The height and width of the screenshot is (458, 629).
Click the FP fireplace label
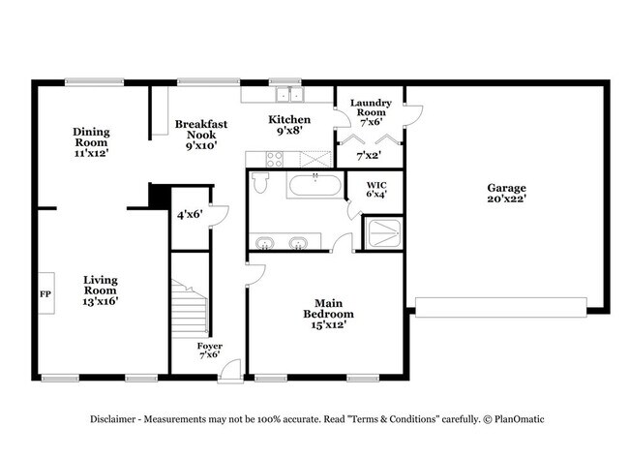click(x=45, y=294)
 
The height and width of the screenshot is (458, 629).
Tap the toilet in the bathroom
click(x=261, y=182)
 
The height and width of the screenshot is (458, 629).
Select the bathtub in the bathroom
click(x=314, y=185)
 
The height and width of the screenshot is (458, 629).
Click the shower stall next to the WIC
click(x=384, y=233)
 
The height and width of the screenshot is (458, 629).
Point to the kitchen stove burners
click(x=275, y=159)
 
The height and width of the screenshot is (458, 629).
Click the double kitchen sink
click(x=289, y=95)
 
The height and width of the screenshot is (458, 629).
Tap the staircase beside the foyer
click(x=190, y=308)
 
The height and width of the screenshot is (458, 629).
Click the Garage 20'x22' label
click(x=506, y=193)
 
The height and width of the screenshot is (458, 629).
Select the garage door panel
click(x=501, y=308)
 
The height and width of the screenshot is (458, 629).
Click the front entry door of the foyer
click(x=231, y=371)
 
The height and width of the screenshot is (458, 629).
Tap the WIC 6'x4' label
click(x=376, y=190)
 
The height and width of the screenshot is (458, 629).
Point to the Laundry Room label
click(x=371, y=107)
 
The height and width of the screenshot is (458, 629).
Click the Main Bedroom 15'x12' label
click(x=329, y=314)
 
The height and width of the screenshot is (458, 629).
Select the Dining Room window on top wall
click(x=94, y=82)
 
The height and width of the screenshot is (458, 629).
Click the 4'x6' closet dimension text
click(x=190, y=215)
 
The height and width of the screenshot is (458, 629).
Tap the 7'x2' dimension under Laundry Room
click(x=369, y=155)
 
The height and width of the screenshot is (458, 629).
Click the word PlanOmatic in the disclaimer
click(x=519, y=419)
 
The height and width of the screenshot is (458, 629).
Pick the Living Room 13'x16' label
click(x=101, y=290)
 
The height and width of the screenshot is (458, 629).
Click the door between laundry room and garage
click(x=413, y=116)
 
